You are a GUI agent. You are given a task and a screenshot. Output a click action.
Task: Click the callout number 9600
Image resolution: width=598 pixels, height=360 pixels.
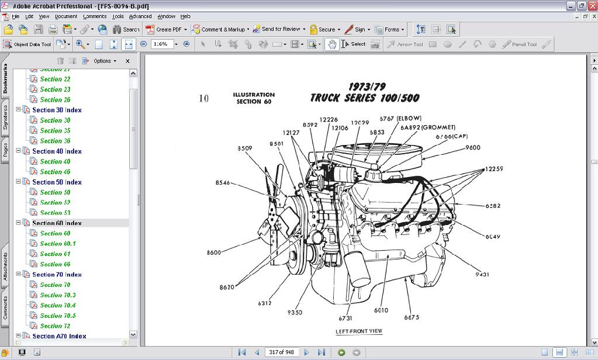472,148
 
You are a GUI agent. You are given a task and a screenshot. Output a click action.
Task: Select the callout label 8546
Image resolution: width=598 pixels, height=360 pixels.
223,182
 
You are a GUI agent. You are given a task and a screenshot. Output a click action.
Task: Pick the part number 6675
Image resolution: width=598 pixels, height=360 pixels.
412,317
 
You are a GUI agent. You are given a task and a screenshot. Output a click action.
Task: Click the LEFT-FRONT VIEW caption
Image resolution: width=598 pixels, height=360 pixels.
359,331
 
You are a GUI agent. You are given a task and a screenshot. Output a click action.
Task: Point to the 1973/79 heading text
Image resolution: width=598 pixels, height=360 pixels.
367,87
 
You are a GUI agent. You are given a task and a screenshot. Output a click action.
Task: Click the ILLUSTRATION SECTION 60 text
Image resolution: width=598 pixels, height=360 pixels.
254,98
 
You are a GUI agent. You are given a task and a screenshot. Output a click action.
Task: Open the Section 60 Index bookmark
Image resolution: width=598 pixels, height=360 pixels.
57,223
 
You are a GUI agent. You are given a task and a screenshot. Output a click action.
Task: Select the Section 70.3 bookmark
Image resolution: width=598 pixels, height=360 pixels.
58,295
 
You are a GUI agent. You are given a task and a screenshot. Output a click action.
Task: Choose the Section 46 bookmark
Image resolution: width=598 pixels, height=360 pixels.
55,172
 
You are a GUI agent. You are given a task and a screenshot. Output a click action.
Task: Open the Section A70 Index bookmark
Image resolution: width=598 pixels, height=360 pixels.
59,336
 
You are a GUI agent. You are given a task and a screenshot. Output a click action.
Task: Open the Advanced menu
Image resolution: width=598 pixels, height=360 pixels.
140,16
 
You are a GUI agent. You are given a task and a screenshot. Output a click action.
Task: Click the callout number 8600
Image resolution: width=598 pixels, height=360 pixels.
213,252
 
